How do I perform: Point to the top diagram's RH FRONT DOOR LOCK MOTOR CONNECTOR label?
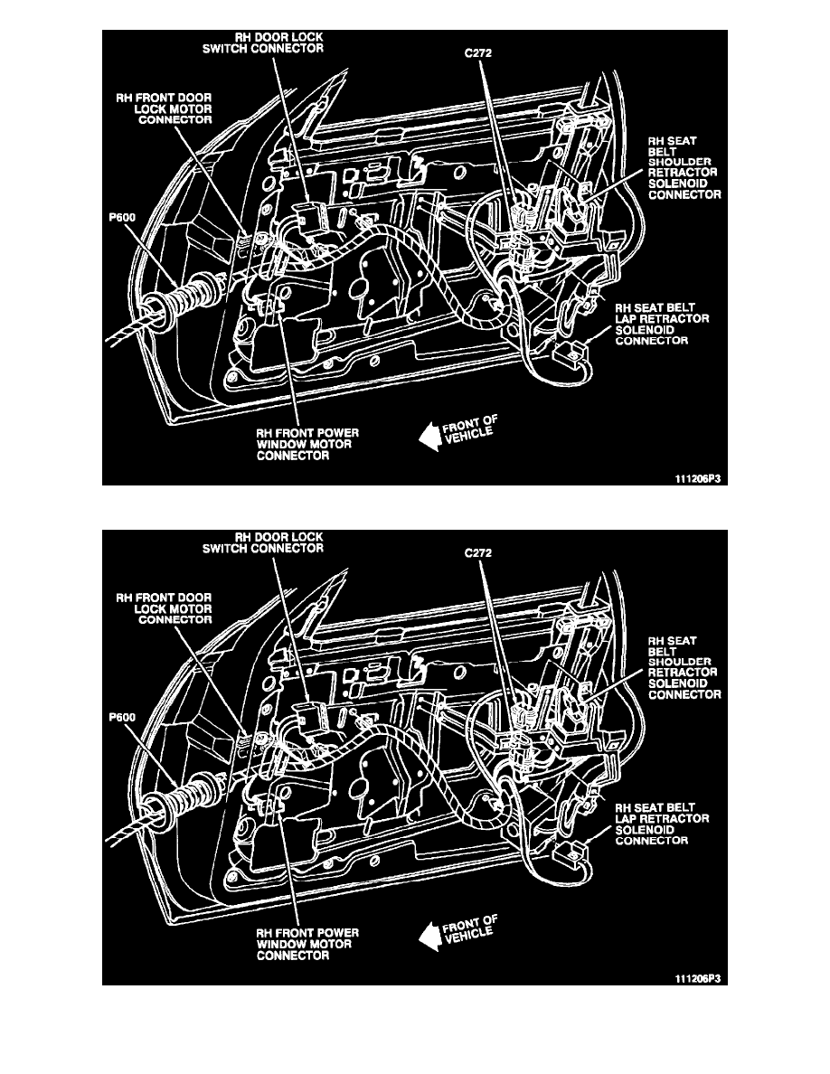tap(164, 108)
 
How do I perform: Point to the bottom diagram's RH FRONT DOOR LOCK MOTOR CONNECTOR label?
tap(164, 608)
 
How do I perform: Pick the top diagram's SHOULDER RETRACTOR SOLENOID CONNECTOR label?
tap(684, 168)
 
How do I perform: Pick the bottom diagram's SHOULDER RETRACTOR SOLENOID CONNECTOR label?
tap(684, 667)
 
